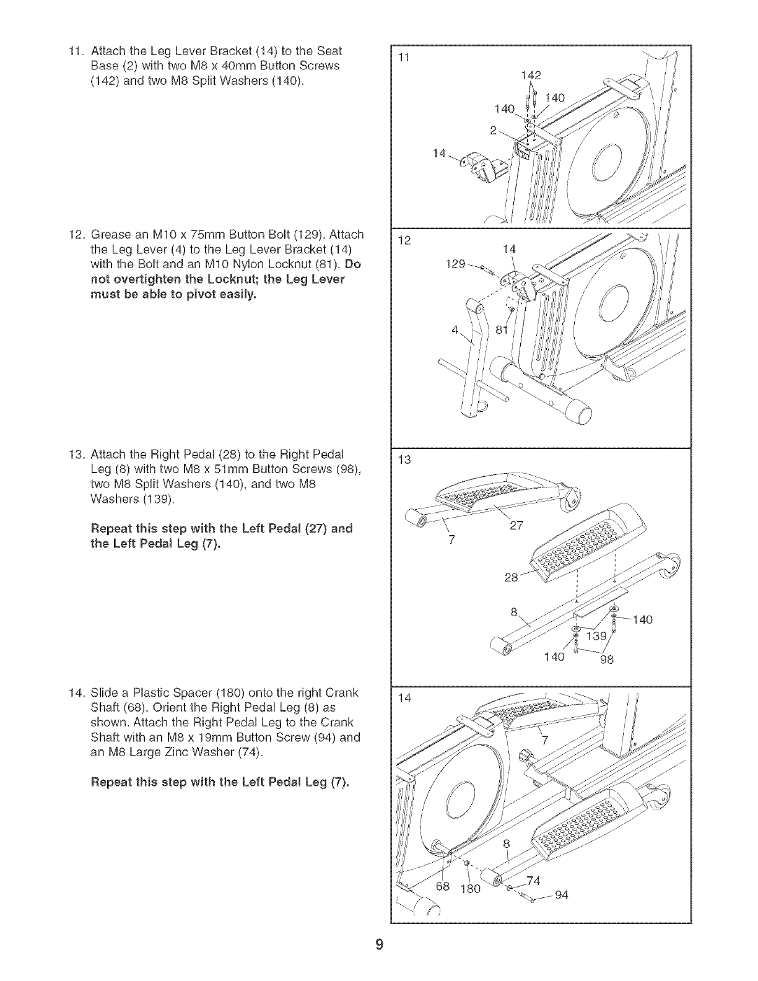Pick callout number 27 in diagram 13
point(516,526)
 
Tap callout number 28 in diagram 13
point(512,578)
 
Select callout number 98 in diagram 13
point(606,660)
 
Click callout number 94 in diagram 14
point(562,895)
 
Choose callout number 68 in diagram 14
point(443,886)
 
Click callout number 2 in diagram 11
point(493,130)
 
